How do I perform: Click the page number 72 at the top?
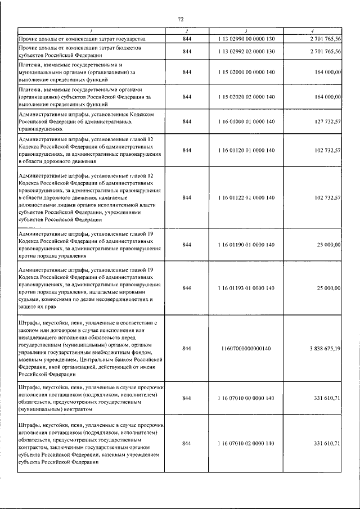181,19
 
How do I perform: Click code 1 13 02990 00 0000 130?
246,39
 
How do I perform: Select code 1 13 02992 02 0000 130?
246,52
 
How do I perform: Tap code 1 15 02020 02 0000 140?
246,97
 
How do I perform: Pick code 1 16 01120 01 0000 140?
246,150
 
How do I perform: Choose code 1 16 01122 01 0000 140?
246,198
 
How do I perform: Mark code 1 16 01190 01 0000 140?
246,245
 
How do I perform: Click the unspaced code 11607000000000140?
246,349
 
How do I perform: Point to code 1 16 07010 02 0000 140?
246,444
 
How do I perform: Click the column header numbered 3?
246,30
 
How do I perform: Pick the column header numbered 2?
187,30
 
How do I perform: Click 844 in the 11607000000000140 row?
187,349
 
